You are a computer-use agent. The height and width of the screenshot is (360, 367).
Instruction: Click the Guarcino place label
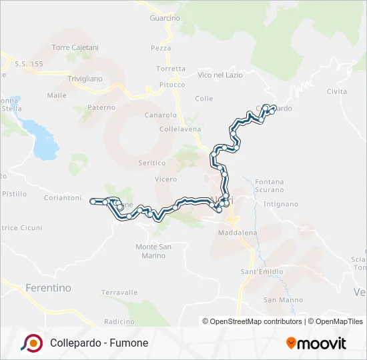coord(165,18)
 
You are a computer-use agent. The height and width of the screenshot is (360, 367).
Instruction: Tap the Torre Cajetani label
coord(75,48)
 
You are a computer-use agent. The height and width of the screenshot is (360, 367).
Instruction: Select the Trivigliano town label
coord(85,79)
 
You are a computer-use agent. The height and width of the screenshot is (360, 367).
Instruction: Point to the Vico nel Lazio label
coord(220,75)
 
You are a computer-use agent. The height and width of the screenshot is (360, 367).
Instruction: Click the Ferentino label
coord(48,288)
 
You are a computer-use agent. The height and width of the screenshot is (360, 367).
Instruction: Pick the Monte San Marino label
coord(154,251)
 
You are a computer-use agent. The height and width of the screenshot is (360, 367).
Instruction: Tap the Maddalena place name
coord(238,233)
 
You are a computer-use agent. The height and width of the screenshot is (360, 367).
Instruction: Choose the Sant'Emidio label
coord(262,271)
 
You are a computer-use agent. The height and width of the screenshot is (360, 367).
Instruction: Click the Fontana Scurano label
coord(269,185)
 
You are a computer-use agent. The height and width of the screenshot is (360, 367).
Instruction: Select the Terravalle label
coord(119,293)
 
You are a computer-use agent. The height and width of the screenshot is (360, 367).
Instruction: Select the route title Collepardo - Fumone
coord(99,343)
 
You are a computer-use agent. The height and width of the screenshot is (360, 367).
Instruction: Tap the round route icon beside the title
coord(31,343)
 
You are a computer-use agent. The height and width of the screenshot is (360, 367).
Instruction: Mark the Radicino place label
coord(119,321)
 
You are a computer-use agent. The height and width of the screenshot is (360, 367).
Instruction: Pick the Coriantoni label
coord(62,198)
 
